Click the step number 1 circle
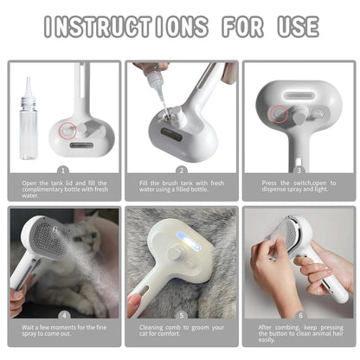click(x=62, y=170)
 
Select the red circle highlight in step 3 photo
click(x=279, y=112)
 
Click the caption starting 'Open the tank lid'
click(x=62, y=188)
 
